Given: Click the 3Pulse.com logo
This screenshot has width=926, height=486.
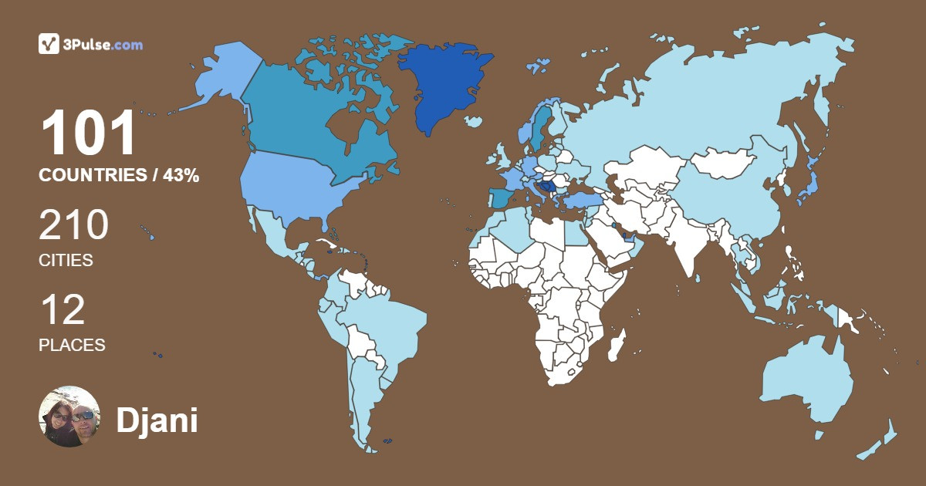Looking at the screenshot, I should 90,44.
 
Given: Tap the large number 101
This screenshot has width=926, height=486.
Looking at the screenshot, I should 88,134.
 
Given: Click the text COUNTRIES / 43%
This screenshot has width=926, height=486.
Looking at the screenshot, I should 119,176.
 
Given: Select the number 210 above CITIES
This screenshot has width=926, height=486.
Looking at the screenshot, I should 74,226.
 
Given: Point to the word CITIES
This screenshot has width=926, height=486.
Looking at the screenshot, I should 66,261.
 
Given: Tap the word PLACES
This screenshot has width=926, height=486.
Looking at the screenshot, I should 72,346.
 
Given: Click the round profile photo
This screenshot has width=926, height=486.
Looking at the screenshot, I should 69,417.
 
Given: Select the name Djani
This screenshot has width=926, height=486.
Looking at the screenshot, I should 157,420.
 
